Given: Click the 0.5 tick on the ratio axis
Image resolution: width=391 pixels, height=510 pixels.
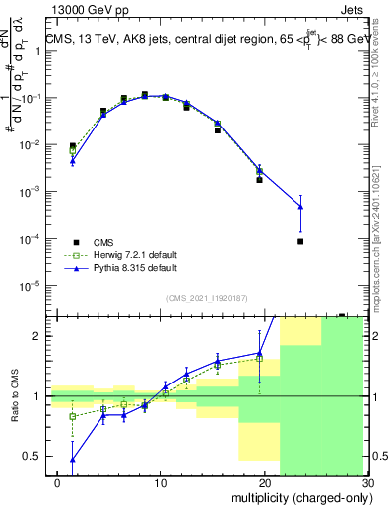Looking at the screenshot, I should point(33,457).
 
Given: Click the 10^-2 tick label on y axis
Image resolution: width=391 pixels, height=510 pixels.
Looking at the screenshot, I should point(29,145).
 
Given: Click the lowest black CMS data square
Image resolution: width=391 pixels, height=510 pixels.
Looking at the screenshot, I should point(300,241).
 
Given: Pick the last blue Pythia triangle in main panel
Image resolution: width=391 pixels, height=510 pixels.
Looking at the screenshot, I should point(300,207).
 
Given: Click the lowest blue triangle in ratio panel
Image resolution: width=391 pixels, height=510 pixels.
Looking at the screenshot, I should point(72,460).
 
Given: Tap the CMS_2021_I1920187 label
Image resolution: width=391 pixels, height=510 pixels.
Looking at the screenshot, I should point(206,298).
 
